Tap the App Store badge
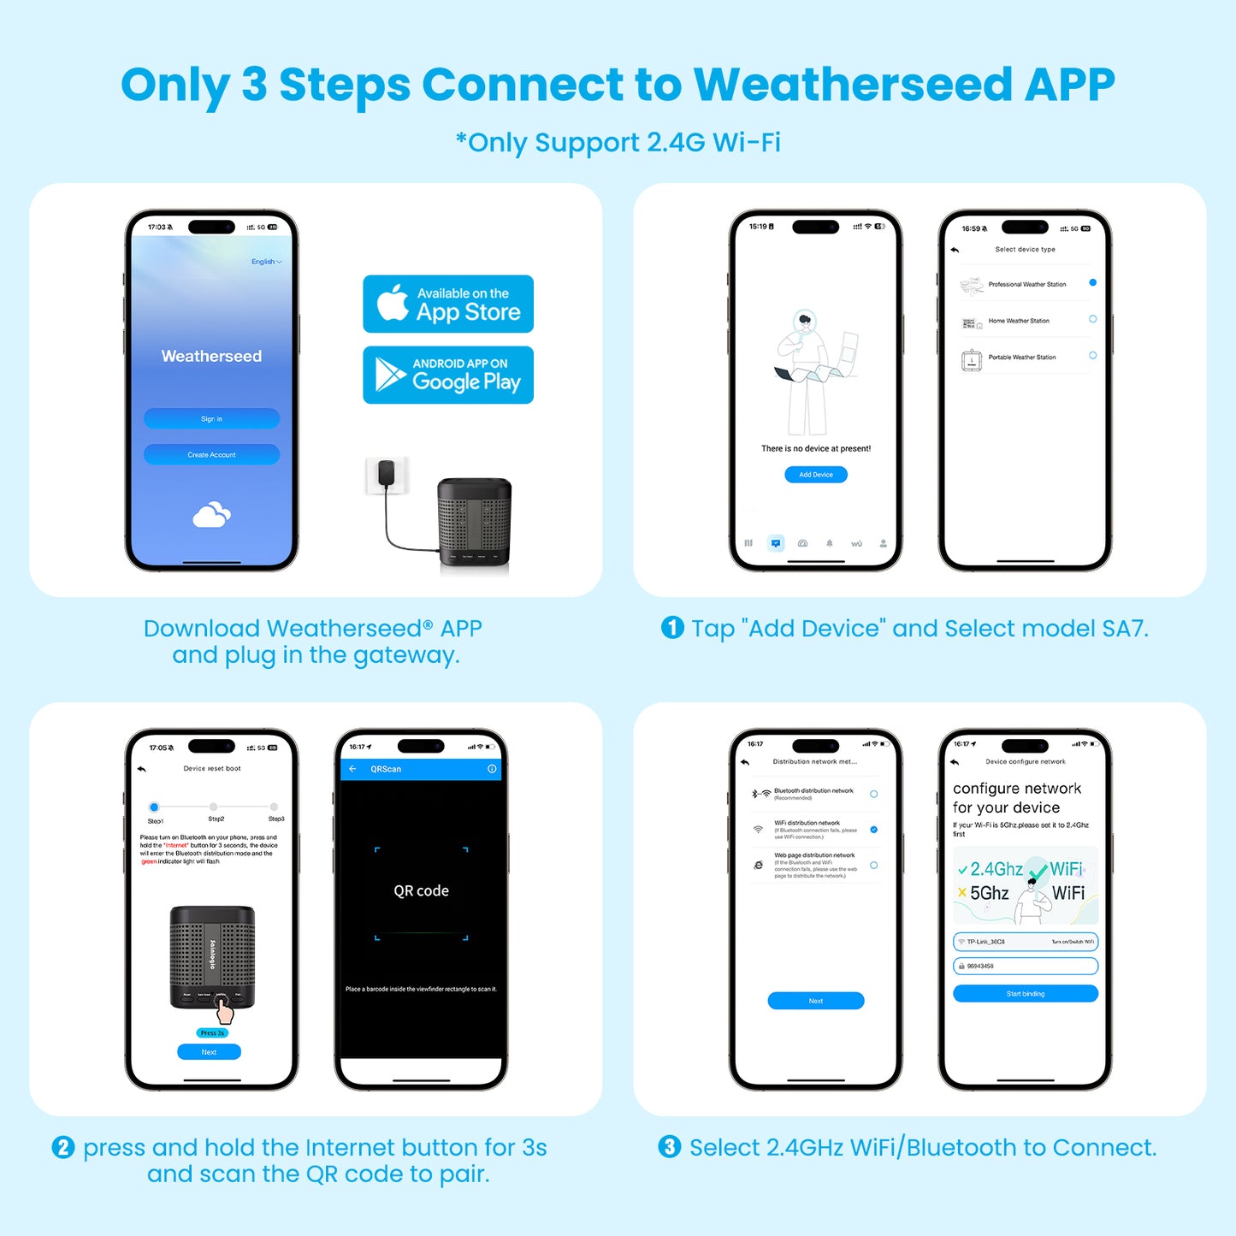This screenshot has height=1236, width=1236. tap(447, 304)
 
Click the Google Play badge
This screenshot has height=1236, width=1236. tap(447, 375)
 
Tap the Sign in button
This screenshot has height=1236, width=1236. tap(211, 418)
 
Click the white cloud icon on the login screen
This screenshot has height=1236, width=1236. tap(211, 515)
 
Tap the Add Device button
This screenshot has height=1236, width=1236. tap(815, 474)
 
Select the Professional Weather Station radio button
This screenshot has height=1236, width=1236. tap(1092, 282)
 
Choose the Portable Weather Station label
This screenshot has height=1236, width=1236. tap(1021, 358)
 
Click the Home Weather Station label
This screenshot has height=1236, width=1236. tap(1018, 321)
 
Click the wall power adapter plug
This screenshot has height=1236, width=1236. tap(387, 475)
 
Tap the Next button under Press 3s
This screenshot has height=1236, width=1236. tap(209, 1052)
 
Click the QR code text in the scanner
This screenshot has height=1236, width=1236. tap(421, 890)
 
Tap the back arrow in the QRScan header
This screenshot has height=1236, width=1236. tap(352, 769)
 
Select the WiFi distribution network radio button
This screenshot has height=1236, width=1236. tap(873, 830)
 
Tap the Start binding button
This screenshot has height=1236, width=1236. tap(1025, 993)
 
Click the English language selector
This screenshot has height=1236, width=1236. tap(266, 262)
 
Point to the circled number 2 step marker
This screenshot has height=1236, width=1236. tap(63, 1147)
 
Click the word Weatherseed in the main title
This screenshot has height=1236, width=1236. tap(853, 85)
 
